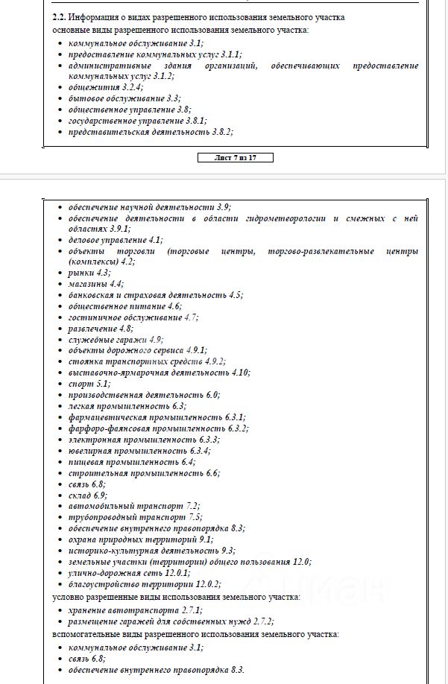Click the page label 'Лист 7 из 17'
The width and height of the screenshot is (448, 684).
[236, 158]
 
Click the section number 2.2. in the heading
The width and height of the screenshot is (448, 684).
[61, 16]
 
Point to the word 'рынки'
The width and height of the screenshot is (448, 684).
[81, 273]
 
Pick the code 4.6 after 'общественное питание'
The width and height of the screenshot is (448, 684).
[174, 306]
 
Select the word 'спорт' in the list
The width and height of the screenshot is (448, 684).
[80, 384]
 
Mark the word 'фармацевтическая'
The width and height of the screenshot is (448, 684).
[107, 417]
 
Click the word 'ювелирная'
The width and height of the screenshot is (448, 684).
[91, 451]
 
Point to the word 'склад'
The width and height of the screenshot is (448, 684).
[80, 495]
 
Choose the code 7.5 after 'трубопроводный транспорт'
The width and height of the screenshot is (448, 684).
[195, 517]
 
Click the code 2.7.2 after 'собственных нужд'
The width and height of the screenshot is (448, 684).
[261, 621]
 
